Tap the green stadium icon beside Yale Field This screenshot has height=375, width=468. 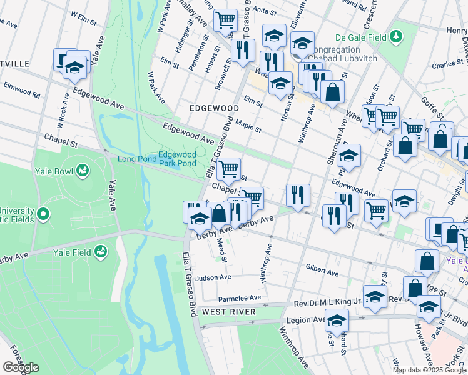tap(99, 252)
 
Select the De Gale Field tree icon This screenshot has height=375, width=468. tap(395, 37)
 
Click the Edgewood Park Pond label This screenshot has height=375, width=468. tap(177, 159)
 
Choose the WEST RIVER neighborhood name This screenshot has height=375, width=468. tap(228, 311)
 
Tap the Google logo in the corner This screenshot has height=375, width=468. tap(21, 367)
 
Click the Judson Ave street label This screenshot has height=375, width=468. tap(213, 277)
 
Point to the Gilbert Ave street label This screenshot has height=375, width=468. tap(322, 270)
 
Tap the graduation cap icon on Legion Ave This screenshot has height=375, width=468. tap(337, 321)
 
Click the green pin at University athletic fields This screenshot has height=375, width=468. tap(43, 214)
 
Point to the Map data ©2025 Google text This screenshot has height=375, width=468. tap(429, 369)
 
